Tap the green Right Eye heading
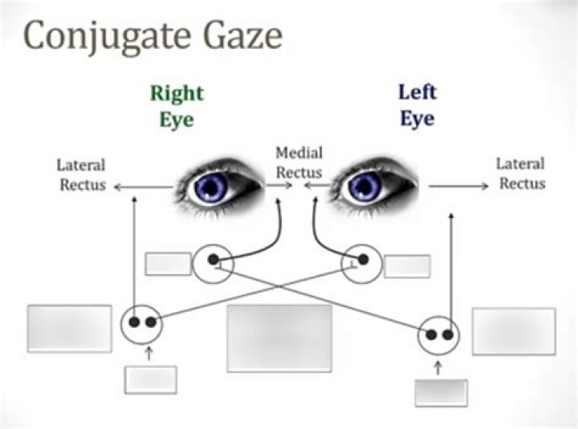(x=177, y=105)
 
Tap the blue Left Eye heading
(x=417, y=105)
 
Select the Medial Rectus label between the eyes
(x=299, y=163)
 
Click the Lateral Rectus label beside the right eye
(x=80, y=175)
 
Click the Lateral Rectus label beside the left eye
(x=521, y=174)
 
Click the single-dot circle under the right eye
(x=213, y=262)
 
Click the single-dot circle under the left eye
(x=361, y=262)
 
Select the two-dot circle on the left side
(x=142, y=323)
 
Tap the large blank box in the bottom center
(x=279, y=338)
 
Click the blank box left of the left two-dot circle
(x=69, y=328)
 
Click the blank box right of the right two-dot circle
(x=513, y=331)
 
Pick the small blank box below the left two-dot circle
(x=150, y=379)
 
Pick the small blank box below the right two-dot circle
(x=441, y=393)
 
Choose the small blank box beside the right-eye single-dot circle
(x=168, y=263)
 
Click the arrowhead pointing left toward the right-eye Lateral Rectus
(x=117, y=187)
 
